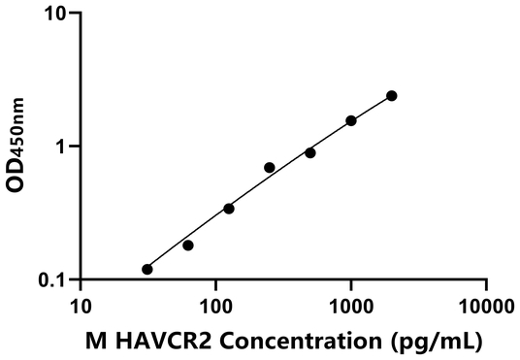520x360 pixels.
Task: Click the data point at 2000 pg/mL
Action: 391,95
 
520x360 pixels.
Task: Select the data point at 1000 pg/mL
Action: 350,120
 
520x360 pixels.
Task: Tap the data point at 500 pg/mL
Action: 309,152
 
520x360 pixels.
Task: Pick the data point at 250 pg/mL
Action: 269,167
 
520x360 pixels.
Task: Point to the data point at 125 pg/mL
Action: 228,208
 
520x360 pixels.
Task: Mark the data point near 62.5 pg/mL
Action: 187,245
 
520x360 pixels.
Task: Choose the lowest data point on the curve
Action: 146,269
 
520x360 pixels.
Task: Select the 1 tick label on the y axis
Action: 62,147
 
